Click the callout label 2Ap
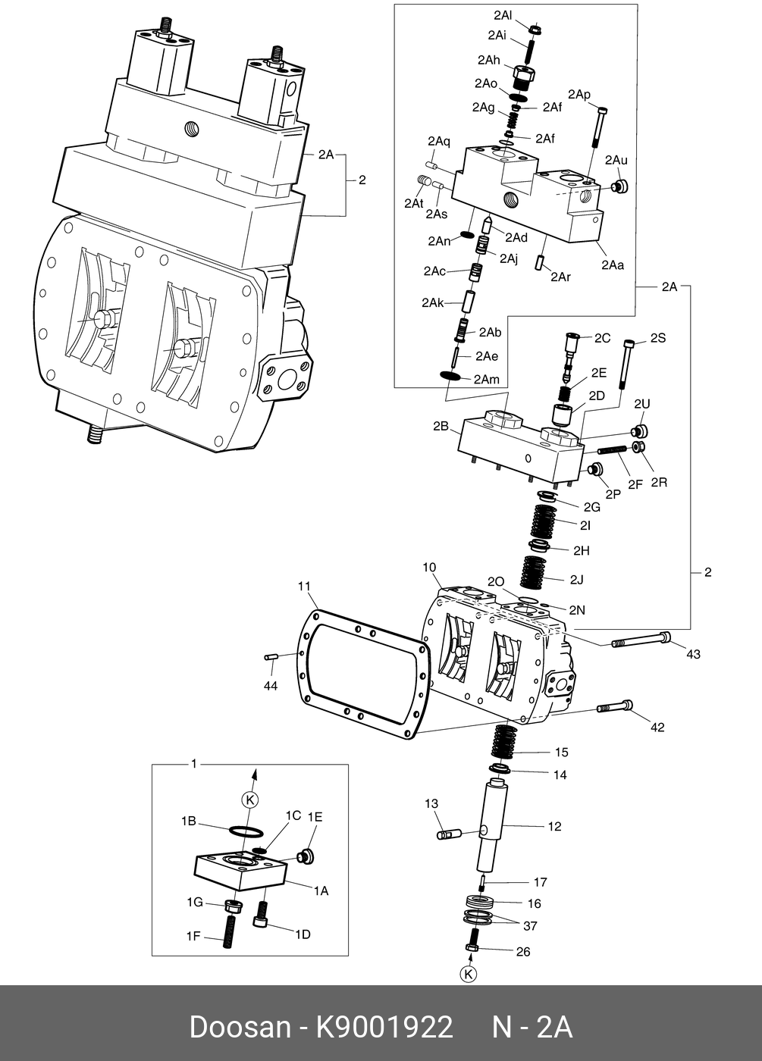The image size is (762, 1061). pos(579,94)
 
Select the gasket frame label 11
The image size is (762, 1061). pos(304,587)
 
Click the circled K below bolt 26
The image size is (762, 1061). pos(469,974)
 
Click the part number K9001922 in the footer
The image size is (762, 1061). pos(384,1028)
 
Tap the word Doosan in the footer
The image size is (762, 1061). pos(240,1028)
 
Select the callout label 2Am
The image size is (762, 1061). pos(487,379)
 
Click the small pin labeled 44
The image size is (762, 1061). pos(271,657)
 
